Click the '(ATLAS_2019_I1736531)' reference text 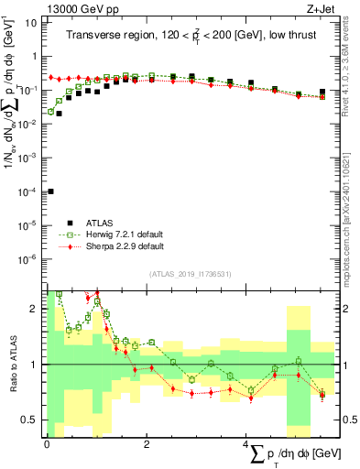tap(190, 274)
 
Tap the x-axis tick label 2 tap(147, 443)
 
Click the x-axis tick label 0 tap(47, 443)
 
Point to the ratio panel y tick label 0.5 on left tap(30, 420)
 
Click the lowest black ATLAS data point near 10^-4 tap(49, 191)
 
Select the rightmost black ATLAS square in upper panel tap(322, 92)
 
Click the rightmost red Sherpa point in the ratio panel tap(322, 395)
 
